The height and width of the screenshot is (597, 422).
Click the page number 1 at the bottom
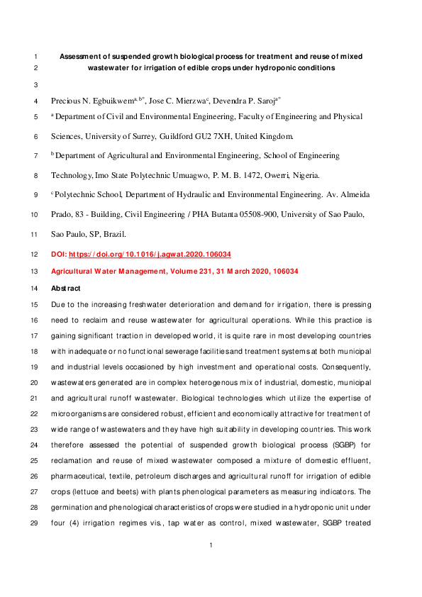pos(211,565)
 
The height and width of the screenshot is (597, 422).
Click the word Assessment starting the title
pos(82,55)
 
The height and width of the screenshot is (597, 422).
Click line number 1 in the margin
pos(35,55)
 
